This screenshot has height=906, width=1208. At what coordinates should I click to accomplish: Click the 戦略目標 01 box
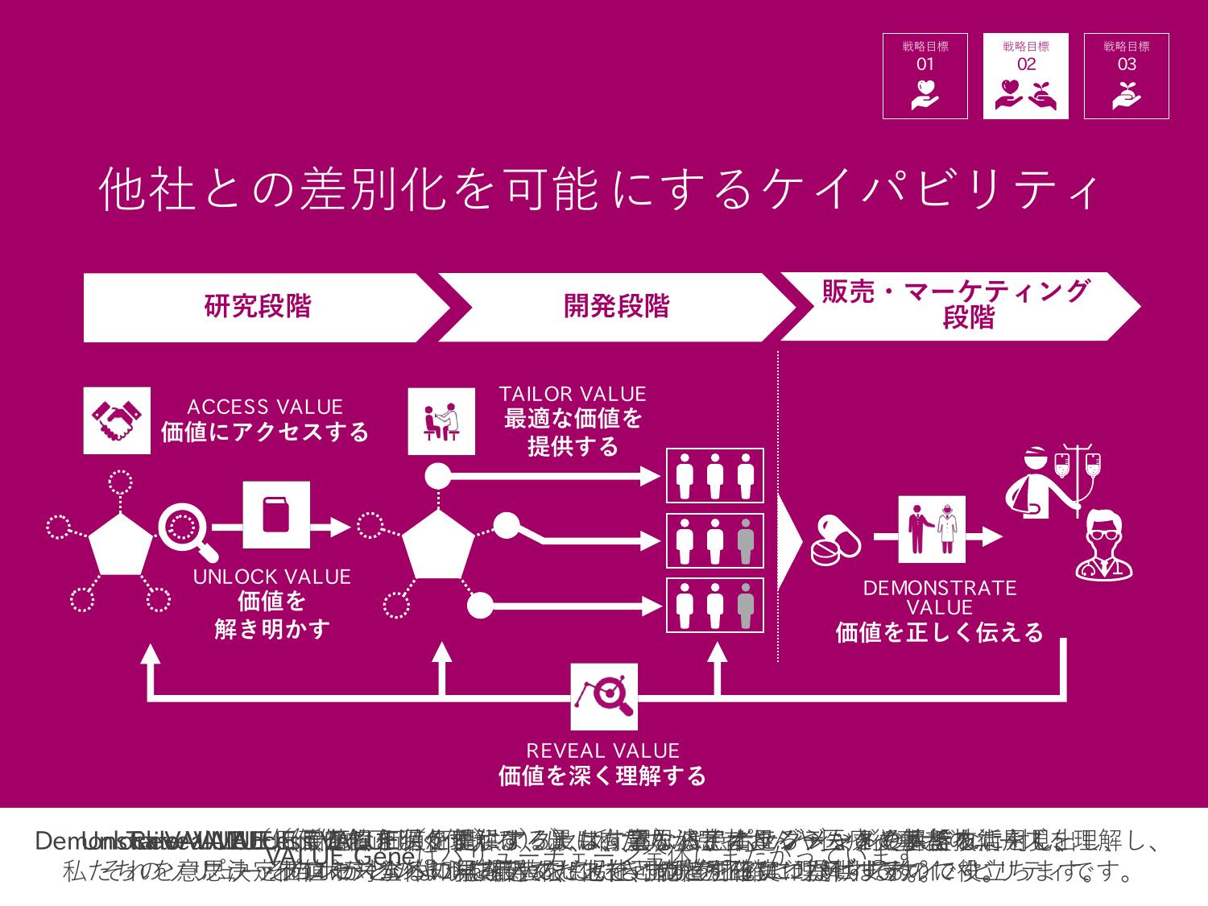tap(925, 76)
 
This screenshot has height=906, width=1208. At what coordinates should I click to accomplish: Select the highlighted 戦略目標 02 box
tap(1025, 76)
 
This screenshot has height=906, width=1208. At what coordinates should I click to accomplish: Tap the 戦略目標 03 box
tap(1126, 76)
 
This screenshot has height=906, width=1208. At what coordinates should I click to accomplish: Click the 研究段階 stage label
tap(258, 307)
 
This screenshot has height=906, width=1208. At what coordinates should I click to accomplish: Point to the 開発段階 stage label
tap(616, 307)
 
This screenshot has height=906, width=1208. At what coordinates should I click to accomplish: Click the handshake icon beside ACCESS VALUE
tap(117, 420)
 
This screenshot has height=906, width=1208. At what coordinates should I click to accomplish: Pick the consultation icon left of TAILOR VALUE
tap(441, 420)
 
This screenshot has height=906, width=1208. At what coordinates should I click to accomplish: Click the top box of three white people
tap(714, 475)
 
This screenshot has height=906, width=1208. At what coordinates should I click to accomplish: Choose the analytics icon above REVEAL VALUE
tap(604, 697)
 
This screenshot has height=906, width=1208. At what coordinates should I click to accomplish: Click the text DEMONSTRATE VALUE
tap(940, 598)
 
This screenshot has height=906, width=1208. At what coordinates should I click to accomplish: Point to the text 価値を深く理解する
tap(602, 776)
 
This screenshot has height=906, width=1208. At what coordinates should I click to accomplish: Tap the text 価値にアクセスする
tap(265, 432)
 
